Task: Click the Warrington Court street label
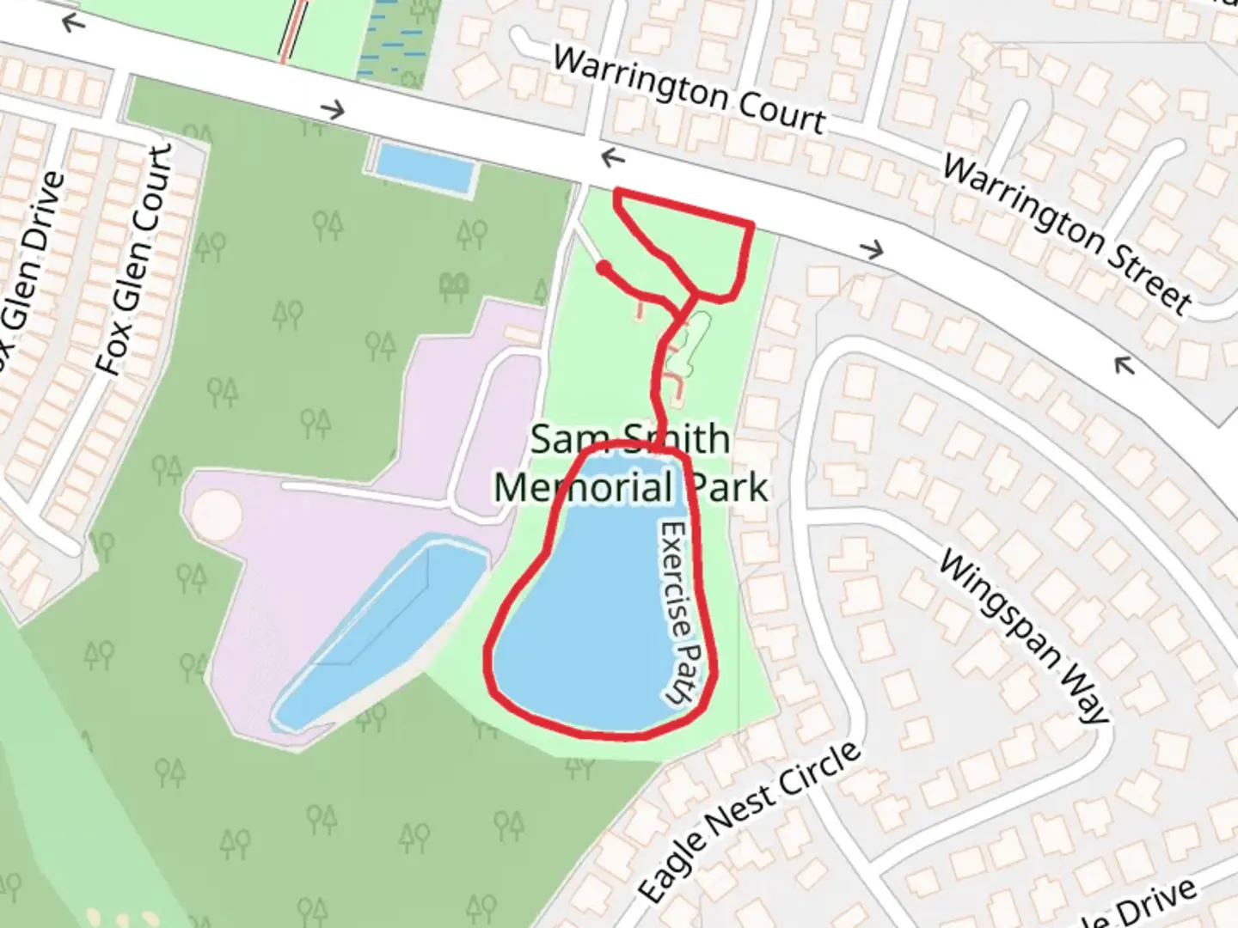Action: coord(689,90)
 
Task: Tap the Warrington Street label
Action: coord(1067,233)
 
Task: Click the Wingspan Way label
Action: coord(1023,637)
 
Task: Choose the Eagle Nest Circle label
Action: coord(749,821)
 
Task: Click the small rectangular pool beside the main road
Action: coord(426,168)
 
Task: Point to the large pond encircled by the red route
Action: coord(593,619)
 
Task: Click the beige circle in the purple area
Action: coord(216,516)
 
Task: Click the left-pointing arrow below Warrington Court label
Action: coord(612,158)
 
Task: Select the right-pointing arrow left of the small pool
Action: coord(332,110)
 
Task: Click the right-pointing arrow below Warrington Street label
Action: coord(872,250)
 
